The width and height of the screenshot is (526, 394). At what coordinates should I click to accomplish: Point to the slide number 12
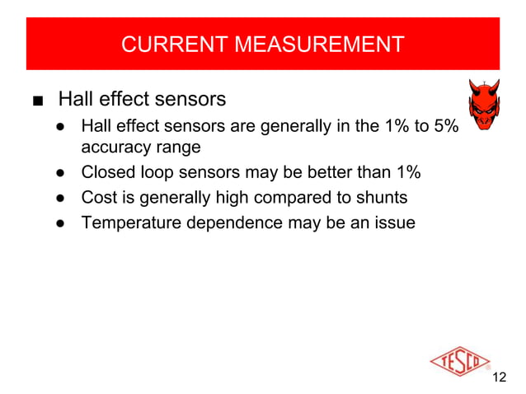click(x=498, y=378)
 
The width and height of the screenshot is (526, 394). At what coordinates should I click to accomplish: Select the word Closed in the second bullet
click(x=108, y=174)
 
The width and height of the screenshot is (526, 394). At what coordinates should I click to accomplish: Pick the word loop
click(x=159, y=174)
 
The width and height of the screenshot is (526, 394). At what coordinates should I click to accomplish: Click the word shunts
click(x=380, y=198)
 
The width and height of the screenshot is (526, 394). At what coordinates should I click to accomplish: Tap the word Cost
click(x=99, y=198)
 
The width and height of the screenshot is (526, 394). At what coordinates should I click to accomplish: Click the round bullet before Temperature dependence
click(x=61, y=223)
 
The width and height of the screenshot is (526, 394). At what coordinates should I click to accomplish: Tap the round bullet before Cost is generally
click(x=61, y=199)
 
